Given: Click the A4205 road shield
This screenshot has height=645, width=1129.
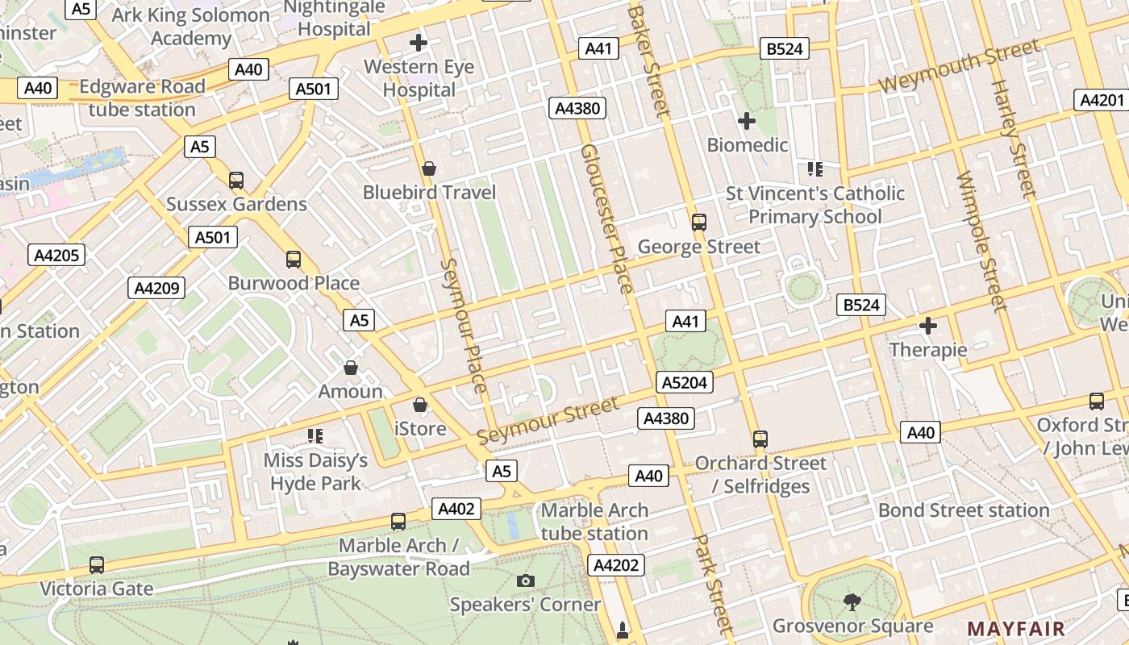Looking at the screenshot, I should coord(56,256).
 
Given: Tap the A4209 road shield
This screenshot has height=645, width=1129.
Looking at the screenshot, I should coord(156,288).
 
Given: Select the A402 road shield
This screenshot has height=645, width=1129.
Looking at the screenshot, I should coord(456,509).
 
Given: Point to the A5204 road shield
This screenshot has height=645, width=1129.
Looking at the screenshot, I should coord(685,382).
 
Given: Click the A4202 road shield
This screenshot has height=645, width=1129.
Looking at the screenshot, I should coord(616,565).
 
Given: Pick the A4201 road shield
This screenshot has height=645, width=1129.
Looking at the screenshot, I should coord(1101,100).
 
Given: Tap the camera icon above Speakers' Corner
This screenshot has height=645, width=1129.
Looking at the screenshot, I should coord(525,580).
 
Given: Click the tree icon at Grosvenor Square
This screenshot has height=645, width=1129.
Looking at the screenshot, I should coord(852,601).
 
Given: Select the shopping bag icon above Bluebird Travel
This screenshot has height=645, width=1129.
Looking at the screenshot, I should coord(429,169).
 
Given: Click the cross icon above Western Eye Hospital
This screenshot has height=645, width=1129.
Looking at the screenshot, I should coord(419,42).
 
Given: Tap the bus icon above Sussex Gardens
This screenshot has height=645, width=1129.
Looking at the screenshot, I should coord(236,181).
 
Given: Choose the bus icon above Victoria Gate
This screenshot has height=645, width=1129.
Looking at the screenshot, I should coord(97,565).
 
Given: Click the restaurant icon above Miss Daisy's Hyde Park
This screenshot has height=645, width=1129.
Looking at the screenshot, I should coord(315,436).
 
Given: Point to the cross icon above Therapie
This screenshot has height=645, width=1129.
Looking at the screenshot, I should coord(928,326).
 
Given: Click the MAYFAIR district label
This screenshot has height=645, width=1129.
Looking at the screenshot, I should coord(1016,629).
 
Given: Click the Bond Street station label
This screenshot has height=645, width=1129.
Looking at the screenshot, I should coord(964,510).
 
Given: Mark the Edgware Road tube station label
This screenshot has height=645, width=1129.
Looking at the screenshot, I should coord(142,98).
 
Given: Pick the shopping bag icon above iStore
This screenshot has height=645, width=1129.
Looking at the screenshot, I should coord(420,405).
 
